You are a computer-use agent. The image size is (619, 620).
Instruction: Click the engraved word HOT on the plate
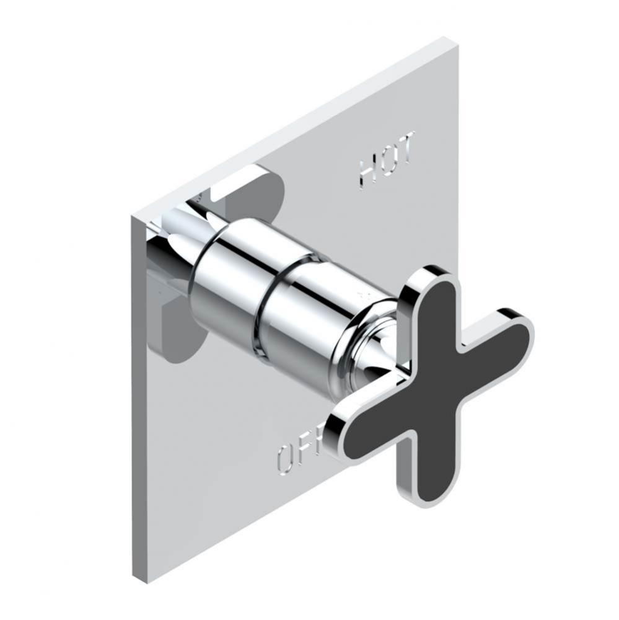[387, 159]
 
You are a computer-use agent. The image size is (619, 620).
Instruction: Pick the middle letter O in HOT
[387, 160]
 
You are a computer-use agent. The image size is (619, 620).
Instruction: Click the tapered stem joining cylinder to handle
[372, 353]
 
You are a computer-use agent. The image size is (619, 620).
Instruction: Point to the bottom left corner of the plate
[134, 580]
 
